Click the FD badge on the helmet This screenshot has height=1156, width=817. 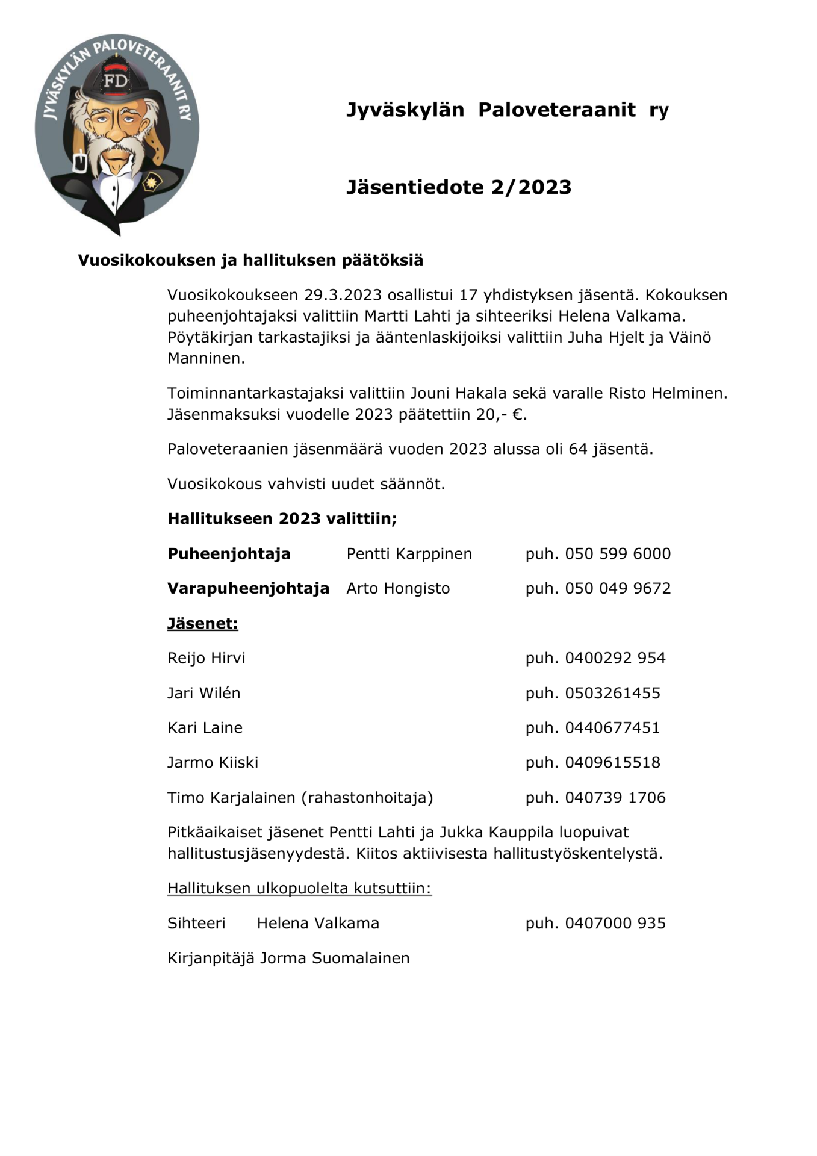[x=116, y=81]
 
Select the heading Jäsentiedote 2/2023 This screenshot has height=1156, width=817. [x=458, y=187]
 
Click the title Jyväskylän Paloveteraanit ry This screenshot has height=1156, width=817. [x=507, y=110]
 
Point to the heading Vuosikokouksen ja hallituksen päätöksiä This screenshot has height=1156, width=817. [x=250, y=260]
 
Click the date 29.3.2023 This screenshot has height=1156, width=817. [x=343, y=295]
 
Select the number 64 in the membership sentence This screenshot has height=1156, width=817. [x=577, y=449]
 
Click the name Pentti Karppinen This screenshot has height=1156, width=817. [x=409, y=554]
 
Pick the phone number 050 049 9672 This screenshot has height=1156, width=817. [x=617, y=588]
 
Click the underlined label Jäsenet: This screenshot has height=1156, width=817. [x=202, y=623]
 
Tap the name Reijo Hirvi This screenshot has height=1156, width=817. [x=206, y=658]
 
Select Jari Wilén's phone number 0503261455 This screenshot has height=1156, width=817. [x=612, y=693]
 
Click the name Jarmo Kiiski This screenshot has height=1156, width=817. [x=213, y=763]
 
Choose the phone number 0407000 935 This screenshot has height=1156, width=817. [x=615, y=923]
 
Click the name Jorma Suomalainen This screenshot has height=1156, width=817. [x=334, y=958]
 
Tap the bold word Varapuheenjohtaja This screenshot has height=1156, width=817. [x=248, y=588]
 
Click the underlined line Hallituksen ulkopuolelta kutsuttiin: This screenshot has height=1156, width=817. [x=299, y=888]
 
